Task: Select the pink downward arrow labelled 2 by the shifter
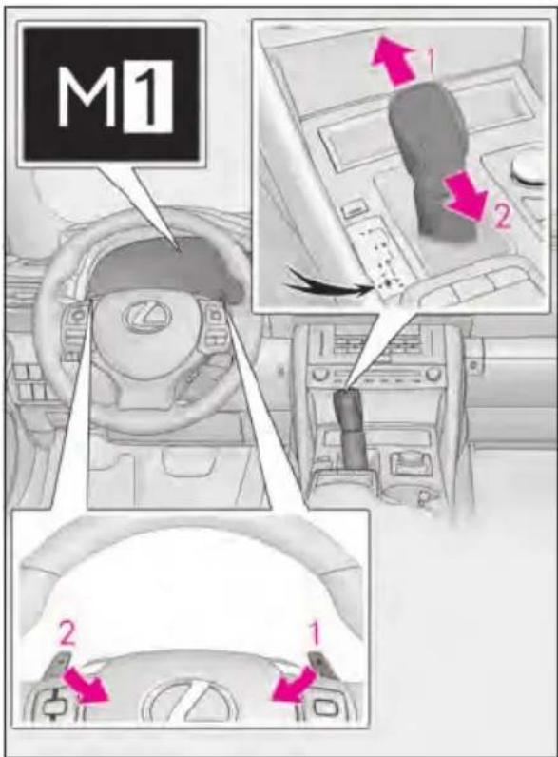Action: pos(464,197)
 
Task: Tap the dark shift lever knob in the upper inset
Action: pos(431,160)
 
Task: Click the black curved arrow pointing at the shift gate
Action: pos(329,286)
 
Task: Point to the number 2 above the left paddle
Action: pos(67,635)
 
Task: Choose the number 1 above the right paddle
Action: pos(315,634)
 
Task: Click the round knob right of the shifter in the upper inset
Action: pos(529,169)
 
